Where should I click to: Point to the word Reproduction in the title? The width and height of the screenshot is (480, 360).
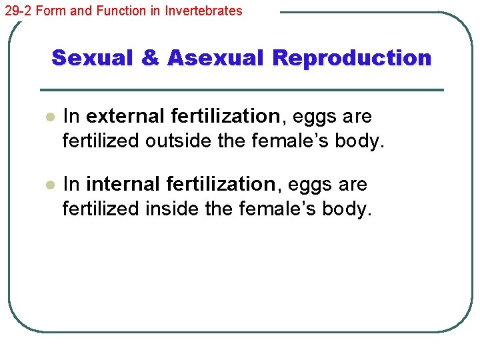coord(351,58)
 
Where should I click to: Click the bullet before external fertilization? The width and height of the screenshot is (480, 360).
coord(48,117)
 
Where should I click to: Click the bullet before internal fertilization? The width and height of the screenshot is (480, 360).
coord(48,185)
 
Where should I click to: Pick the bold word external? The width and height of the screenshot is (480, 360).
coord(125,117)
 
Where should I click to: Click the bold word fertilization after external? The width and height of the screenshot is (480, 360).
coord(226,117)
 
